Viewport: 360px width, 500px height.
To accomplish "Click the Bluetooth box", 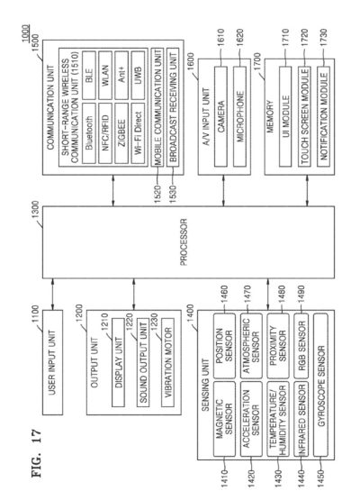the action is pos(89,133).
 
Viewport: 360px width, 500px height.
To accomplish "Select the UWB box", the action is pos(138,75).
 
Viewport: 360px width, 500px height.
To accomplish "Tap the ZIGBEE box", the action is pos(121,133).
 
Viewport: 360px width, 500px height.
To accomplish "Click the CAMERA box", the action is pos(220,116).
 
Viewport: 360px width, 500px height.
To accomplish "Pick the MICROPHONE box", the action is pos(239,116).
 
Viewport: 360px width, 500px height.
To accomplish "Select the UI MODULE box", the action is pos(285,116).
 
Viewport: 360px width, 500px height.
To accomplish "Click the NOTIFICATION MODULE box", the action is pos(323,116).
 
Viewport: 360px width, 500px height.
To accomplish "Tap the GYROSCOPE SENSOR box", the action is pos(320,386).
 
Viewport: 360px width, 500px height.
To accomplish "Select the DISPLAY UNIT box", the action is pos(118,362).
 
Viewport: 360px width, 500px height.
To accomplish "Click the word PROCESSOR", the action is pos(184,242).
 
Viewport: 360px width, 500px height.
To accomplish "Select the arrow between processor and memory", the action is pos(307,191).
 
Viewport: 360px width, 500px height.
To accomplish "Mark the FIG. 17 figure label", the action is pos(37,453).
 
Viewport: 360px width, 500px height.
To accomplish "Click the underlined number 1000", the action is pos(26,33).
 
